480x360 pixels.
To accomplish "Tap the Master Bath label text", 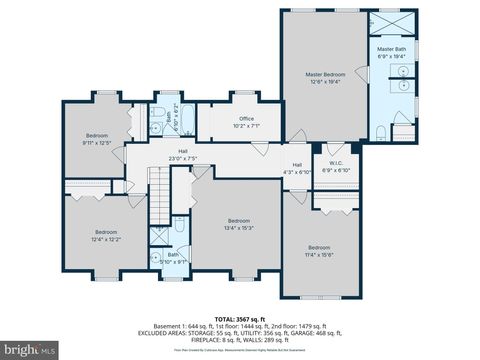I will (x=390, y=52).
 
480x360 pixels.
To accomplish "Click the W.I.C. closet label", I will (x=336, y=166).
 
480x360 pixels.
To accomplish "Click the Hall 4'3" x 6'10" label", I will (x=297, y=167).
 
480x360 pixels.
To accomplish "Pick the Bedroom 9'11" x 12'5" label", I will (x=96, y=138).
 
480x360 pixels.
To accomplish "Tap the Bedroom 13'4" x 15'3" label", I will (x=238, y=223).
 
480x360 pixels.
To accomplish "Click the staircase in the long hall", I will (x=160, y=194).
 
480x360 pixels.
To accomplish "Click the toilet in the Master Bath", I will (x=381, y=131).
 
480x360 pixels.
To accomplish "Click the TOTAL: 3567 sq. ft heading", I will (x=240, y=315).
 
